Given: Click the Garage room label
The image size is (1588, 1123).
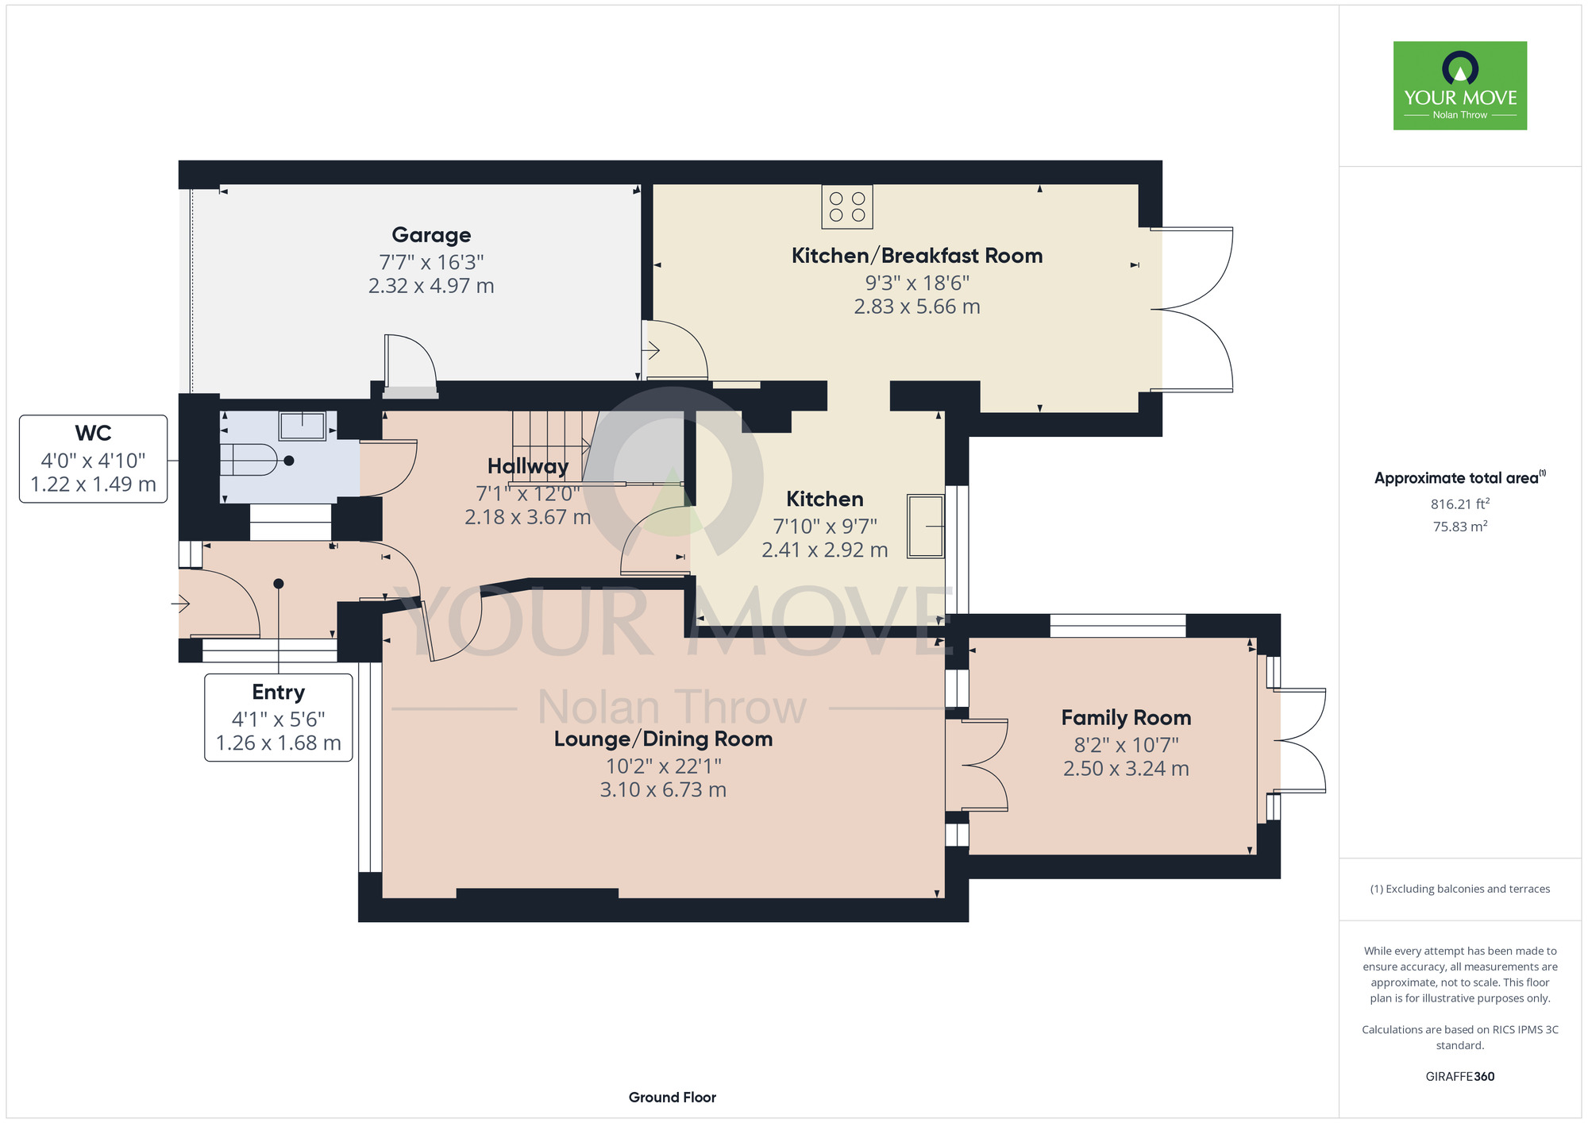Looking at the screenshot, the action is pyautogui.click(x=431, y=235).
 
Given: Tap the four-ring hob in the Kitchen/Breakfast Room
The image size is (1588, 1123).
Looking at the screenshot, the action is pyautogui.click(x=847, y=206).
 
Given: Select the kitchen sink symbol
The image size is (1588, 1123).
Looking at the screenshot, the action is pyautogui.click(x=926, y=526).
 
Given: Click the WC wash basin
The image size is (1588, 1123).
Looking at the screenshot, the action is pyautogui.click(x=303, y=426).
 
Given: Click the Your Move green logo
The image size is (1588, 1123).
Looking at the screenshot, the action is pyautogui.click(x=1460, y=86).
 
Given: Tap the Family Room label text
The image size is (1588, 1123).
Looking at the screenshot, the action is pyautogui.click(x=1126, y=718).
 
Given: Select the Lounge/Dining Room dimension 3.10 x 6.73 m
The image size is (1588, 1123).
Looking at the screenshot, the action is pyautogui.click(x=663, y=789).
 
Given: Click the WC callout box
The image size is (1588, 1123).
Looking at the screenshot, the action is pyautogui.click(x=94, y=459).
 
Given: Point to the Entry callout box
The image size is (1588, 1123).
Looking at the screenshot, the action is pyautogui.click(x=279, y=718).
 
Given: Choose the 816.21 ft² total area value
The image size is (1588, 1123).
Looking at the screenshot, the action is pyautogui.click(x=1460, y=504).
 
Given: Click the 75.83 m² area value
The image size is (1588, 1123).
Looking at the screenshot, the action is pyautogui.click(x=1460, y=527).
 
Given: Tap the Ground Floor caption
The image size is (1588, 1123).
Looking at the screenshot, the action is pyautogui.click(x=673, y=1098).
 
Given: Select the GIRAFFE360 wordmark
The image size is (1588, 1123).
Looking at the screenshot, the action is pyautogui.click(x=1460, y=1077).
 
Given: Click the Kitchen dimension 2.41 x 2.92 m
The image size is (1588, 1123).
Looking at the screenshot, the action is pyautogui.click(x=825, y=550).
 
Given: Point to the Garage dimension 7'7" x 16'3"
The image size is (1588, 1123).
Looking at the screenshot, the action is pyautogui.click(x=431, y=262).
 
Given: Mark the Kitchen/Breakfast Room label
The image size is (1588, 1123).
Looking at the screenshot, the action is pyautogui.click(x=917, y=256).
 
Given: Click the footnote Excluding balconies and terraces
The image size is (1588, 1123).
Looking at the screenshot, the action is pyautogui.click(x=1460, y=889).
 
